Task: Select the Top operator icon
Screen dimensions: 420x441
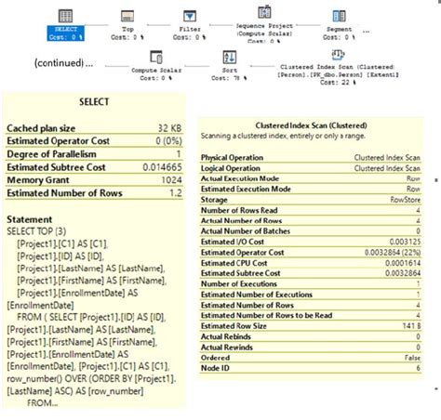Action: click(127, 15)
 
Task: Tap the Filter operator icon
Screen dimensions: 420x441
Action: click(190, 15)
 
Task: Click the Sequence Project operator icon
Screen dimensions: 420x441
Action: click(264, 11)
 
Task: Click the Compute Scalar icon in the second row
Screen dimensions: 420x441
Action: click(157, 58)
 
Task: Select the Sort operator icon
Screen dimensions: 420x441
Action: click(230, 58)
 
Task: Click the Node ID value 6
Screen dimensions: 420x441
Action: click(419, 367)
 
